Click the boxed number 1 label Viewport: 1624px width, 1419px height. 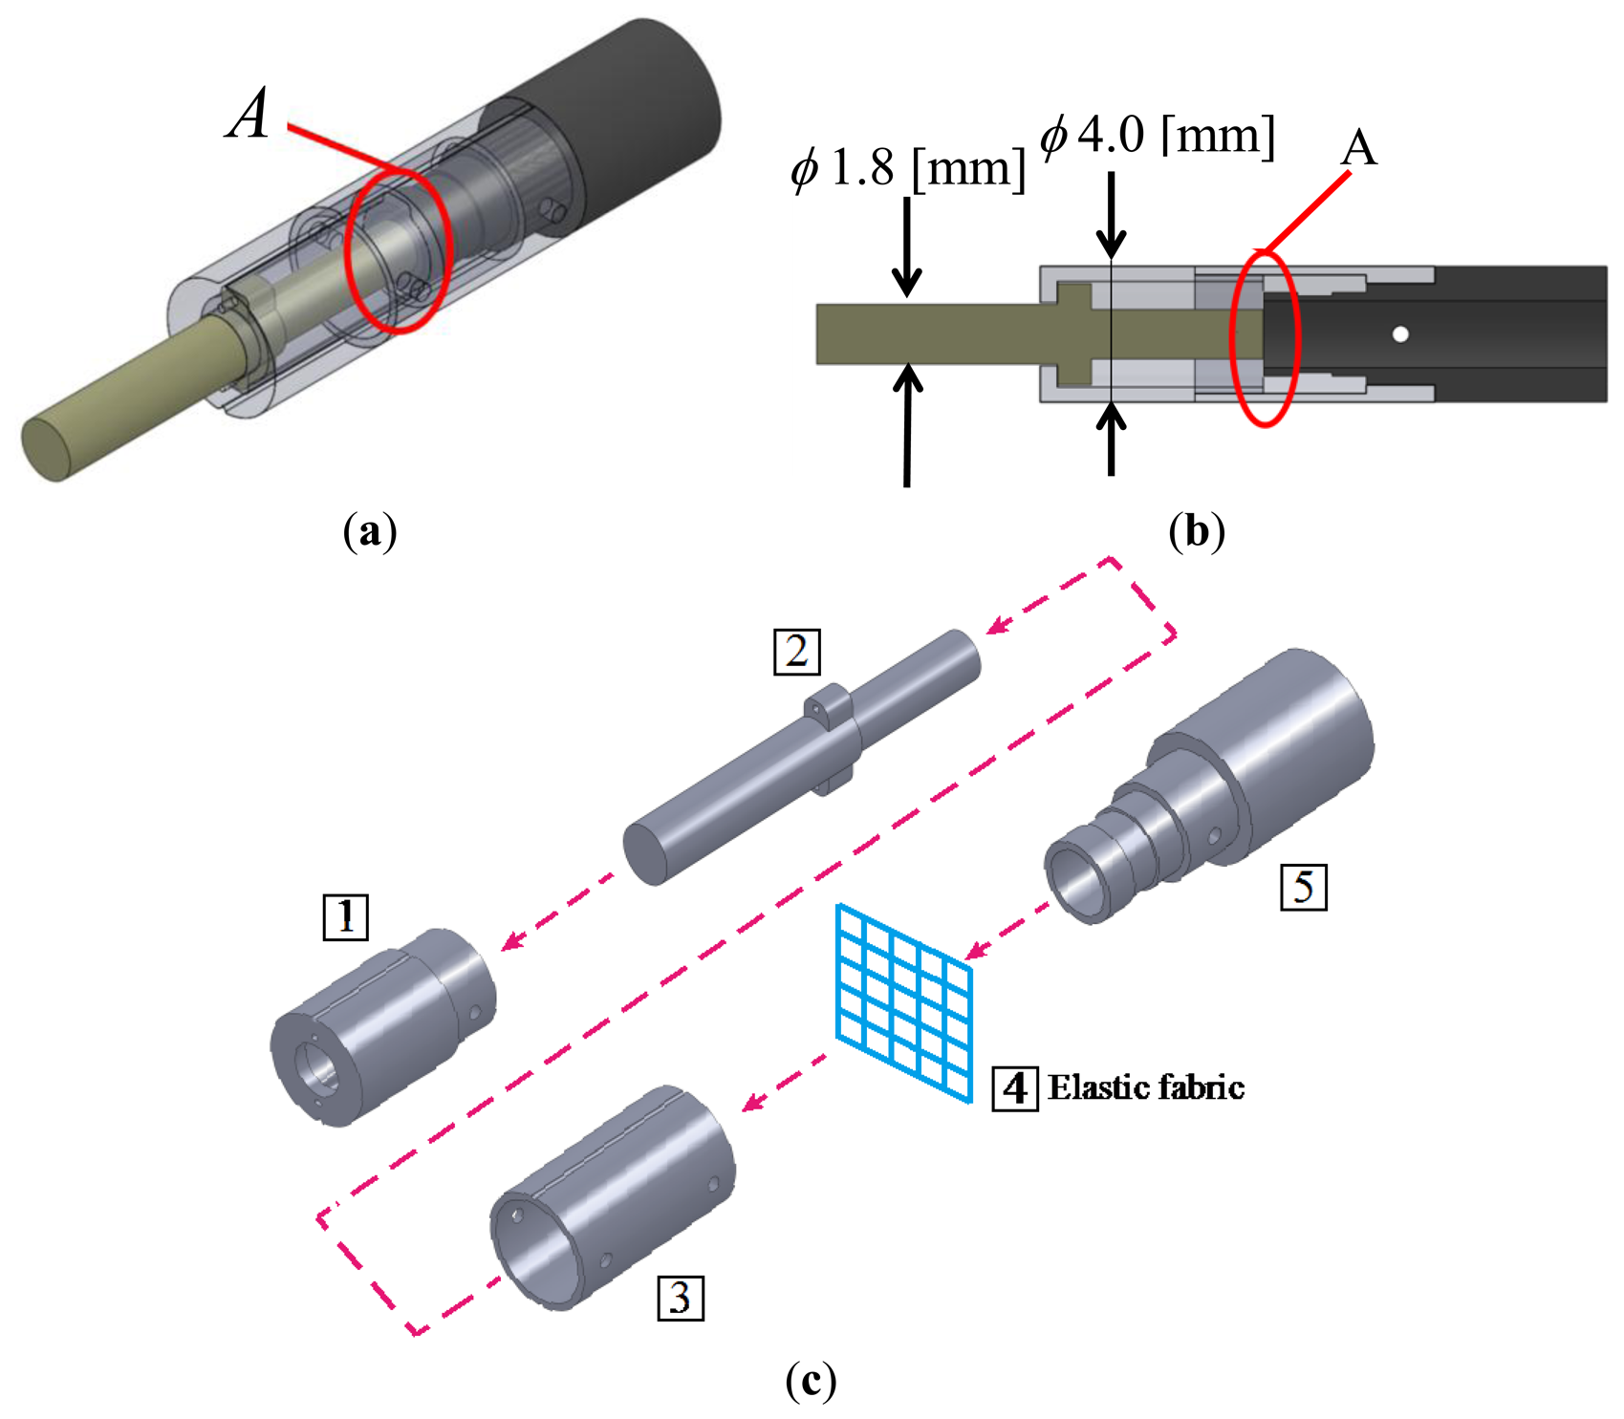point(345,917)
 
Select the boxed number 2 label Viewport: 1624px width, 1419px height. point(796,652)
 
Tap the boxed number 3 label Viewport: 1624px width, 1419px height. point(681,1297)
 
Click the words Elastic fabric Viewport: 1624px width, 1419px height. point(1145,1087)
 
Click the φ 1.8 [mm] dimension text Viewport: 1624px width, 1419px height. point(907,169)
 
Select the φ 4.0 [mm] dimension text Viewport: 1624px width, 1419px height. point(1158,135)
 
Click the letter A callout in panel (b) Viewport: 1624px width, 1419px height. point(1358,148)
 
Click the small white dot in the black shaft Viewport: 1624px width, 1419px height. point(1400,334)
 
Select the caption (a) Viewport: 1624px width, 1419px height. point(369,531)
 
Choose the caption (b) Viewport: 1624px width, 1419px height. point(1196,531)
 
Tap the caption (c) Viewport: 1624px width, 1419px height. point(810,1380)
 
